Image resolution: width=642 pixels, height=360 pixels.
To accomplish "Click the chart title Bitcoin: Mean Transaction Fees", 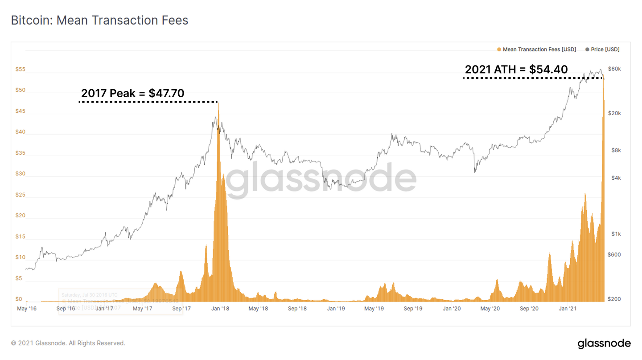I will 99,21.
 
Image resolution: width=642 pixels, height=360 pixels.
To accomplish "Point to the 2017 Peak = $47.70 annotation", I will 132,94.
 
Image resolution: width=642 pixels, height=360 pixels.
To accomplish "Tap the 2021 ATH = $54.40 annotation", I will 516,70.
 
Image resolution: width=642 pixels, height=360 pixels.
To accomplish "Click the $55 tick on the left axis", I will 21,70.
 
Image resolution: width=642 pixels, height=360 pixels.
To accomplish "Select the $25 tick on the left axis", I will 21,195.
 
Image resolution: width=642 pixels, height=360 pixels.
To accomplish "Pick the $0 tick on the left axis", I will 19,299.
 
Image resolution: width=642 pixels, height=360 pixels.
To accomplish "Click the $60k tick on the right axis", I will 614,69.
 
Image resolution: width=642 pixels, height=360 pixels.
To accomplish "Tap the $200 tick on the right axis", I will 614,299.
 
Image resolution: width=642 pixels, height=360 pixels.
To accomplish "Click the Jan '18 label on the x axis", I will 220,309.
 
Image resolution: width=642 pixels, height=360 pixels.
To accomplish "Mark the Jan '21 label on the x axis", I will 567,309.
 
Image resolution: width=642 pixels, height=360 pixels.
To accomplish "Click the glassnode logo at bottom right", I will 604,343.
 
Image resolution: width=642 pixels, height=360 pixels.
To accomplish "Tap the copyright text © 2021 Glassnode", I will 68,343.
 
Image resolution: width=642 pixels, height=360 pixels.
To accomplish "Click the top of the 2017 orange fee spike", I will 218,103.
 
